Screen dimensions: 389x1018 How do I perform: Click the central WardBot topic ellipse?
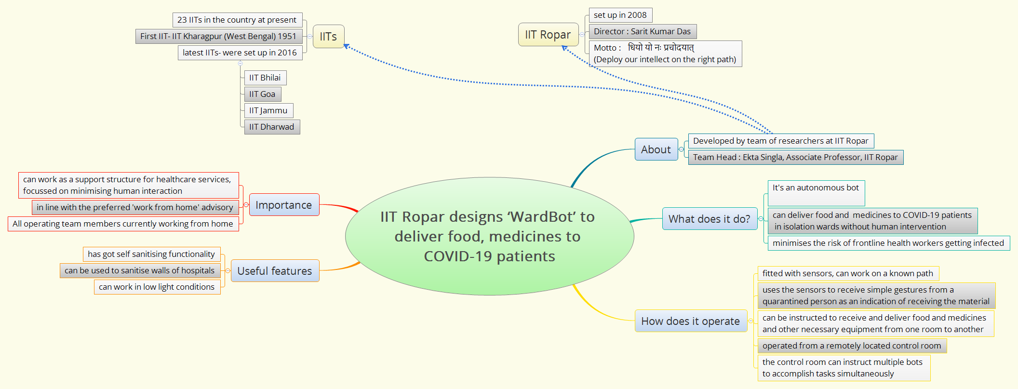coord(489,236)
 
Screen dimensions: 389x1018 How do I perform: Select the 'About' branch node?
coord(656,149)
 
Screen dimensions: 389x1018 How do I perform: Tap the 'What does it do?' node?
coord(709,219)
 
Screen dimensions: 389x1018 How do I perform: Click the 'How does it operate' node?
coord(690,321)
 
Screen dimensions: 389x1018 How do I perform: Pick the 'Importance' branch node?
coord(284,205)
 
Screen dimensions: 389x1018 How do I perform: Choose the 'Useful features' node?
coord(275,271)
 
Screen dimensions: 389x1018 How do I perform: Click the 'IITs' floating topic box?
coord(328,37)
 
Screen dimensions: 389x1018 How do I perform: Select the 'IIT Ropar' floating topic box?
coord(548,35)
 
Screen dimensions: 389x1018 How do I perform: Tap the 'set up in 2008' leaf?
coord(620,15)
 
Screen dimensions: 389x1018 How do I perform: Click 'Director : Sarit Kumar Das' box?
coord(642,32)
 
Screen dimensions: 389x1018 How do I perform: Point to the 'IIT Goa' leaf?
coord(262,94)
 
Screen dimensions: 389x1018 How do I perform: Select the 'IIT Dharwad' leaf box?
coord(271,127)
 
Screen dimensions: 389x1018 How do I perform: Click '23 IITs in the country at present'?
coord(237,20)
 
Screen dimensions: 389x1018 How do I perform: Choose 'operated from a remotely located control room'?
coord(852,346)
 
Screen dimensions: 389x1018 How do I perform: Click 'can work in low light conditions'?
coord(157,287)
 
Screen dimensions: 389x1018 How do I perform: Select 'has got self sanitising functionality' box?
coord(151,255)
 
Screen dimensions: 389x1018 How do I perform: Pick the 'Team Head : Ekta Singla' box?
coord(795,158)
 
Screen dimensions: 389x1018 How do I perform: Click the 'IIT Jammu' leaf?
coord(268,111)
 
